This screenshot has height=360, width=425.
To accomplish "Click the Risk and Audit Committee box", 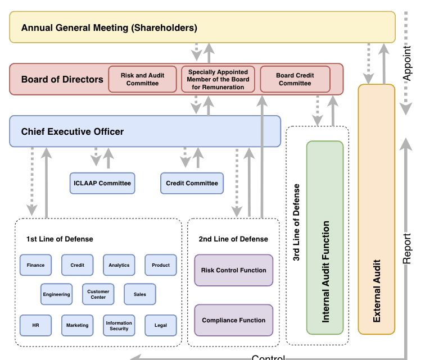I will [142, 79].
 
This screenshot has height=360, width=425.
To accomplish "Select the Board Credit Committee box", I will [295, 79].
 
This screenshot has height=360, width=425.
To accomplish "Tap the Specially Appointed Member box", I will [218, 79].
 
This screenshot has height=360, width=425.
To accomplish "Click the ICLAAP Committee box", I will [102, 183].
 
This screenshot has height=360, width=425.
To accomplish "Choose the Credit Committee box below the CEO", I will [192, 183].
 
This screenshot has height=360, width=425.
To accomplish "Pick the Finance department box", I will [35, 265].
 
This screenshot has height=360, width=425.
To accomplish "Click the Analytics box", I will [119, 265].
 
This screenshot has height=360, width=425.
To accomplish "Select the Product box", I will [160, 265].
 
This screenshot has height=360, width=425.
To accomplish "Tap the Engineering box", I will [56, 294].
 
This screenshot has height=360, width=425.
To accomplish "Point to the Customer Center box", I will [98, 294].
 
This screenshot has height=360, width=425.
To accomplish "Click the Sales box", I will [139, 294].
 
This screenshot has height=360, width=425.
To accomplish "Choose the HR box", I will [35, 325].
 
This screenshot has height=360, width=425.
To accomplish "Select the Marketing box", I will [77, 325].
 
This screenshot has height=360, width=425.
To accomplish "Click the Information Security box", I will [119, 325].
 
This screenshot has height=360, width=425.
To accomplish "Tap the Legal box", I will [160, 325].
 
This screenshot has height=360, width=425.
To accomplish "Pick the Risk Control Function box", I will [233, 270].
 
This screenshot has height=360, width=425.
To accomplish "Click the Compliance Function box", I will [233, 320].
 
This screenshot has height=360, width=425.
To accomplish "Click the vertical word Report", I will [408, 248].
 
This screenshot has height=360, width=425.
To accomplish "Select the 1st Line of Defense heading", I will [60, 239].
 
